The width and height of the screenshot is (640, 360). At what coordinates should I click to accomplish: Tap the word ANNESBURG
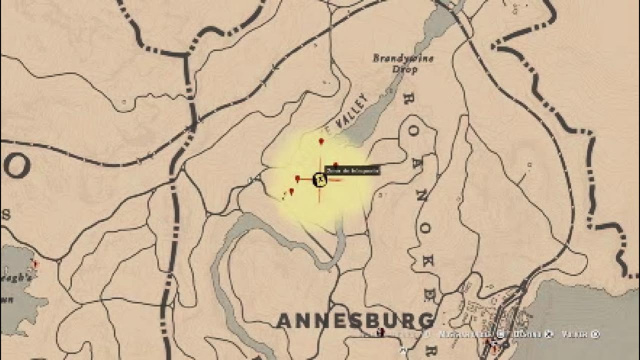pyautogui.click(x=355, y=321)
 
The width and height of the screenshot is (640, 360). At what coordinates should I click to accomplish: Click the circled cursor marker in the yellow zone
pyautogui.click(x=319, y=179)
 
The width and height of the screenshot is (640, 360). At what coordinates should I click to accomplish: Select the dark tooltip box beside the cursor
pyautogui.click(x=352, y=170)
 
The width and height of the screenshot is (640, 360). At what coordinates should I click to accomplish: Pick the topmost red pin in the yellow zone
pyautogui.click(x=321, y=141)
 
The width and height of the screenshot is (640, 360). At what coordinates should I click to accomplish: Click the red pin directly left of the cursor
pyautogui.click(x=297, y=178)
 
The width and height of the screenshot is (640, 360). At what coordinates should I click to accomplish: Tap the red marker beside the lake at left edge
pyautogui.click(x=35, y=263)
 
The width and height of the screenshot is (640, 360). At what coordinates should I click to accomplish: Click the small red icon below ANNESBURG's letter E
pyautogui.click(x=381, y=331)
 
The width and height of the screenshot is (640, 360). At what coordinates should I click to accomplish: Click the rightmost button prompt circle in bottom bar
pyautogui.click(x=595, y=334)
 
